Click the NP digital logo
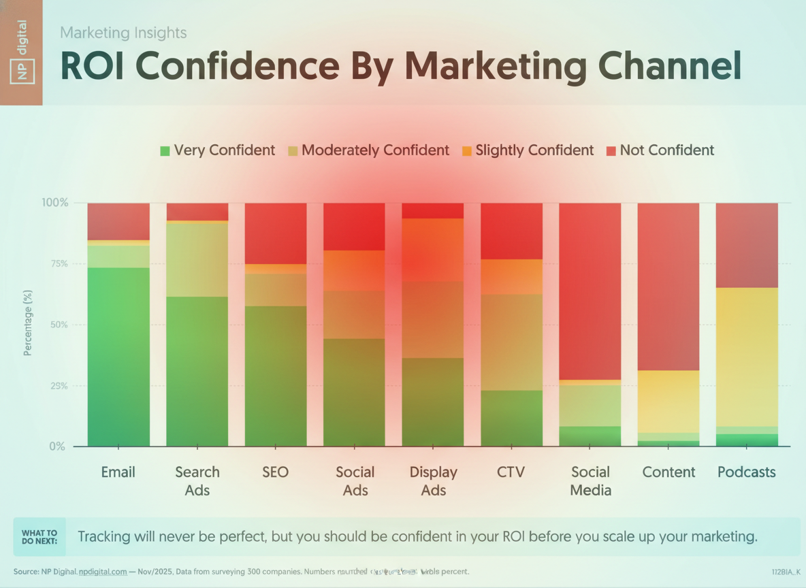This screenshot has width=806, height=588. coord(22,52)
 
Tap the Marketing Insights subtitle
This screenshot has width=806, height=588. coord(123,32)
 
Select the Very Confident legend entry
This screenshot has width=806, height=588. coord(218,150)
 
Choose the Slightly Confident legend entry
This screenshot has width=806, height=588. coord(528,150)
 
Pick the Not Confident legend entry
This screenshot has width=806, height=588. coord(660,150)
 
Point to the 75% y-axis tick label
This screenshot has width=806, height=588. coord(54,264)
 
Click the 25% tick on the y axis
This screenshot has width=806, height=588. coord(54,386)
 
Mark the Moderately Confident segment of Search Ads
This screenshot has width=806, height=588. coord(197,259)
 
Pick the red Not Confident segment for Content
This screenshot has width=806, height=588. coord(668,287)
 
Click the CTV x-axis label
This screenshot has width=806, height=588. coord(511,472)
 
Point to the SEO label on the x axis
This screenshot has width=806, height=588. coord(276,472)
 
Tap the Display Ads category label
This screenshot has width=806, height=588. coord(433,480)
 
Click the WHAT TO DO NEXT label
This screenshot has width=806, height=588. coord(39,537)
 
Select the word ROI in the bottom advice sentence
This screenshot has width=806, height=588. coord(511,536)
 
